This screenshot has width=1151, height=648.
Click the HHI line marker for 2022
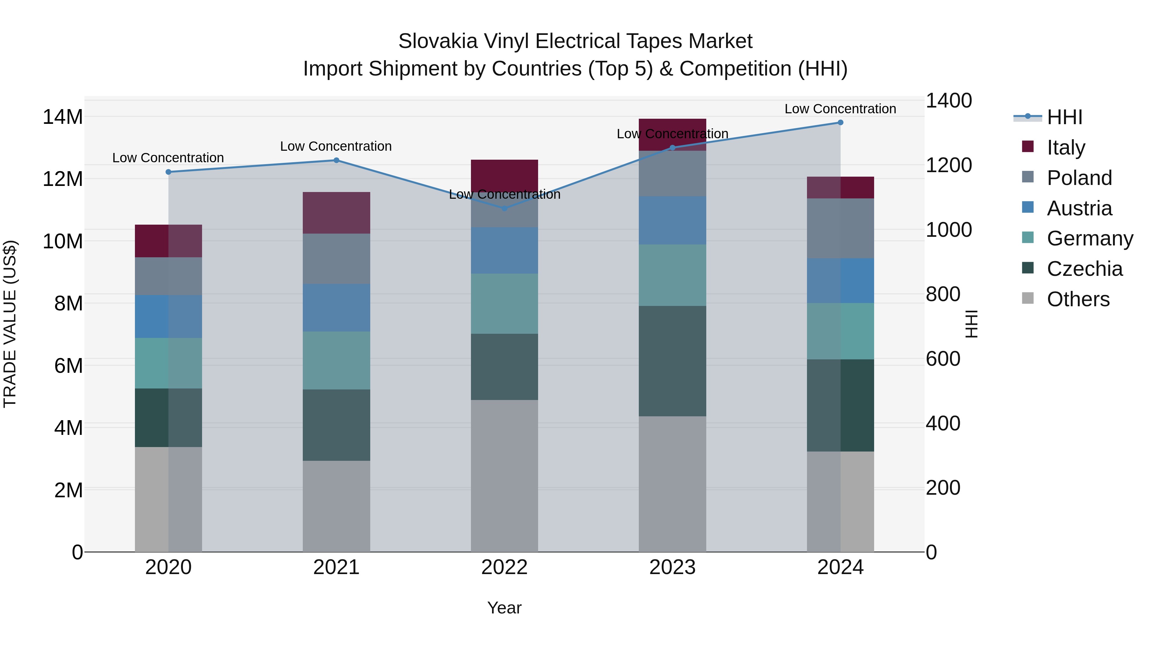coord(505,208)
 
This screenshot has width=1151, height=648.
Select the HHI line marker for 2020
coord(168,172)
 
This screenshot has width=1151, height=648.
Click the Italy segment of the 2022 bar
coord(505,174)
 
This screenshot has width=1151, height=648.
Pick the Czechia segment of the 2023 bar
coord(672,361)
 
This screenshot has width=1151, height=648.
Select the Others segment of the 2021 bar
coord(336,506)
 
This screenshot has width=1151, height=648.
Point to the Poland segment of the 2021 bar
coord(336,259)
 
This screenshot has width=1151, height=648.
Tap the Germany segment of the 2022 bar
coord(505,304)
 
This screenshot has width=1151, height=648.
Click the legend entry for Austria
coord(1079,208)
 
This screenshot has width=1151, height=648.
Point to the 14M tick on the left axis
coord(63,117)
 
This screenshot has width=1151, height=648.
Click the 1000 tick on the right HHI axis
coord(948,230)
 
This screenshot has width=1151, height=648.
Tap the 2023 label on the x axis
coord(672,567)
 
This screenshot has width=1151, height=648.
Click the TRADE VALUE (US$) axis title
coord(10,324)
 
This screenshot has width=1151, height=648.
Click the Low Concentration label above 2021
coord(336,146)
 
